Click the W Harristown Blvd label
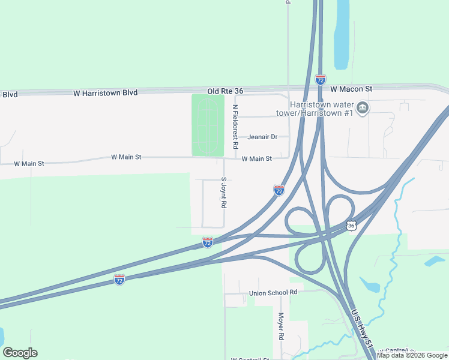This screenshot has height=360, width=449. pos(105,93)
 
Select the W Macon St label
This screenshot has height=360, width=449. pos(351,89)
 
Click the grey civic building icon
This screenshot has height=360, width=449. pos(363,108)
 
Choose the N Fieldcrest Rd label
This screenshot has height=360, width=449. pos(236,127)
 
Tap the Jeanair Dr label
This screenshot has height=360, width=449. pos(263,137)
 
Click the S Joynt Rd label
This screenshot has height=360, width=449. pos(223,193)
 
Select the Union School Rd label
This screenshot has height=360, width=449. pos(273,292)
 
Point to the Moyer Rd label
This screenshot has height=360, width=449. pos(280,325)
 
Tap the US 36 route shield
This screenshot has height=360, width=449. pos(352,226)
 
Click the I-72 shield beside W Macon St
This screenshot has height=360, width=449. pos(321,79)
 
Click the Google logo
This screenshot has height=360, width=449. pos(20,353)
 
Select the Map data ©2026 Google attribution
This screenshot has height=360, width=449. pos(412,355)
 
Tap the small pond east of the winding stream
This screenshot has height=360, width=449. pos(435,261)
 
